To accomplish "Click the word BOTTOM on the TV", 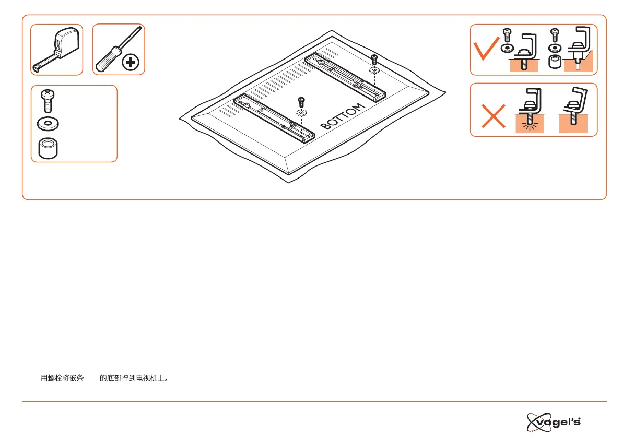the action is coord(342,117).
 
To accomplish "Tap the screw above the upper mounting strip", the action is coord(373,58).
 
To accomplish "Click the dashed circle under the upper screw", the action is coord(373,70).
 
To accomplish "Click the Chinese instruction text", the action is coord(104,377).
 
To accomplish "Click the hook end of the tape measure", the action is coord(37,67).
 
